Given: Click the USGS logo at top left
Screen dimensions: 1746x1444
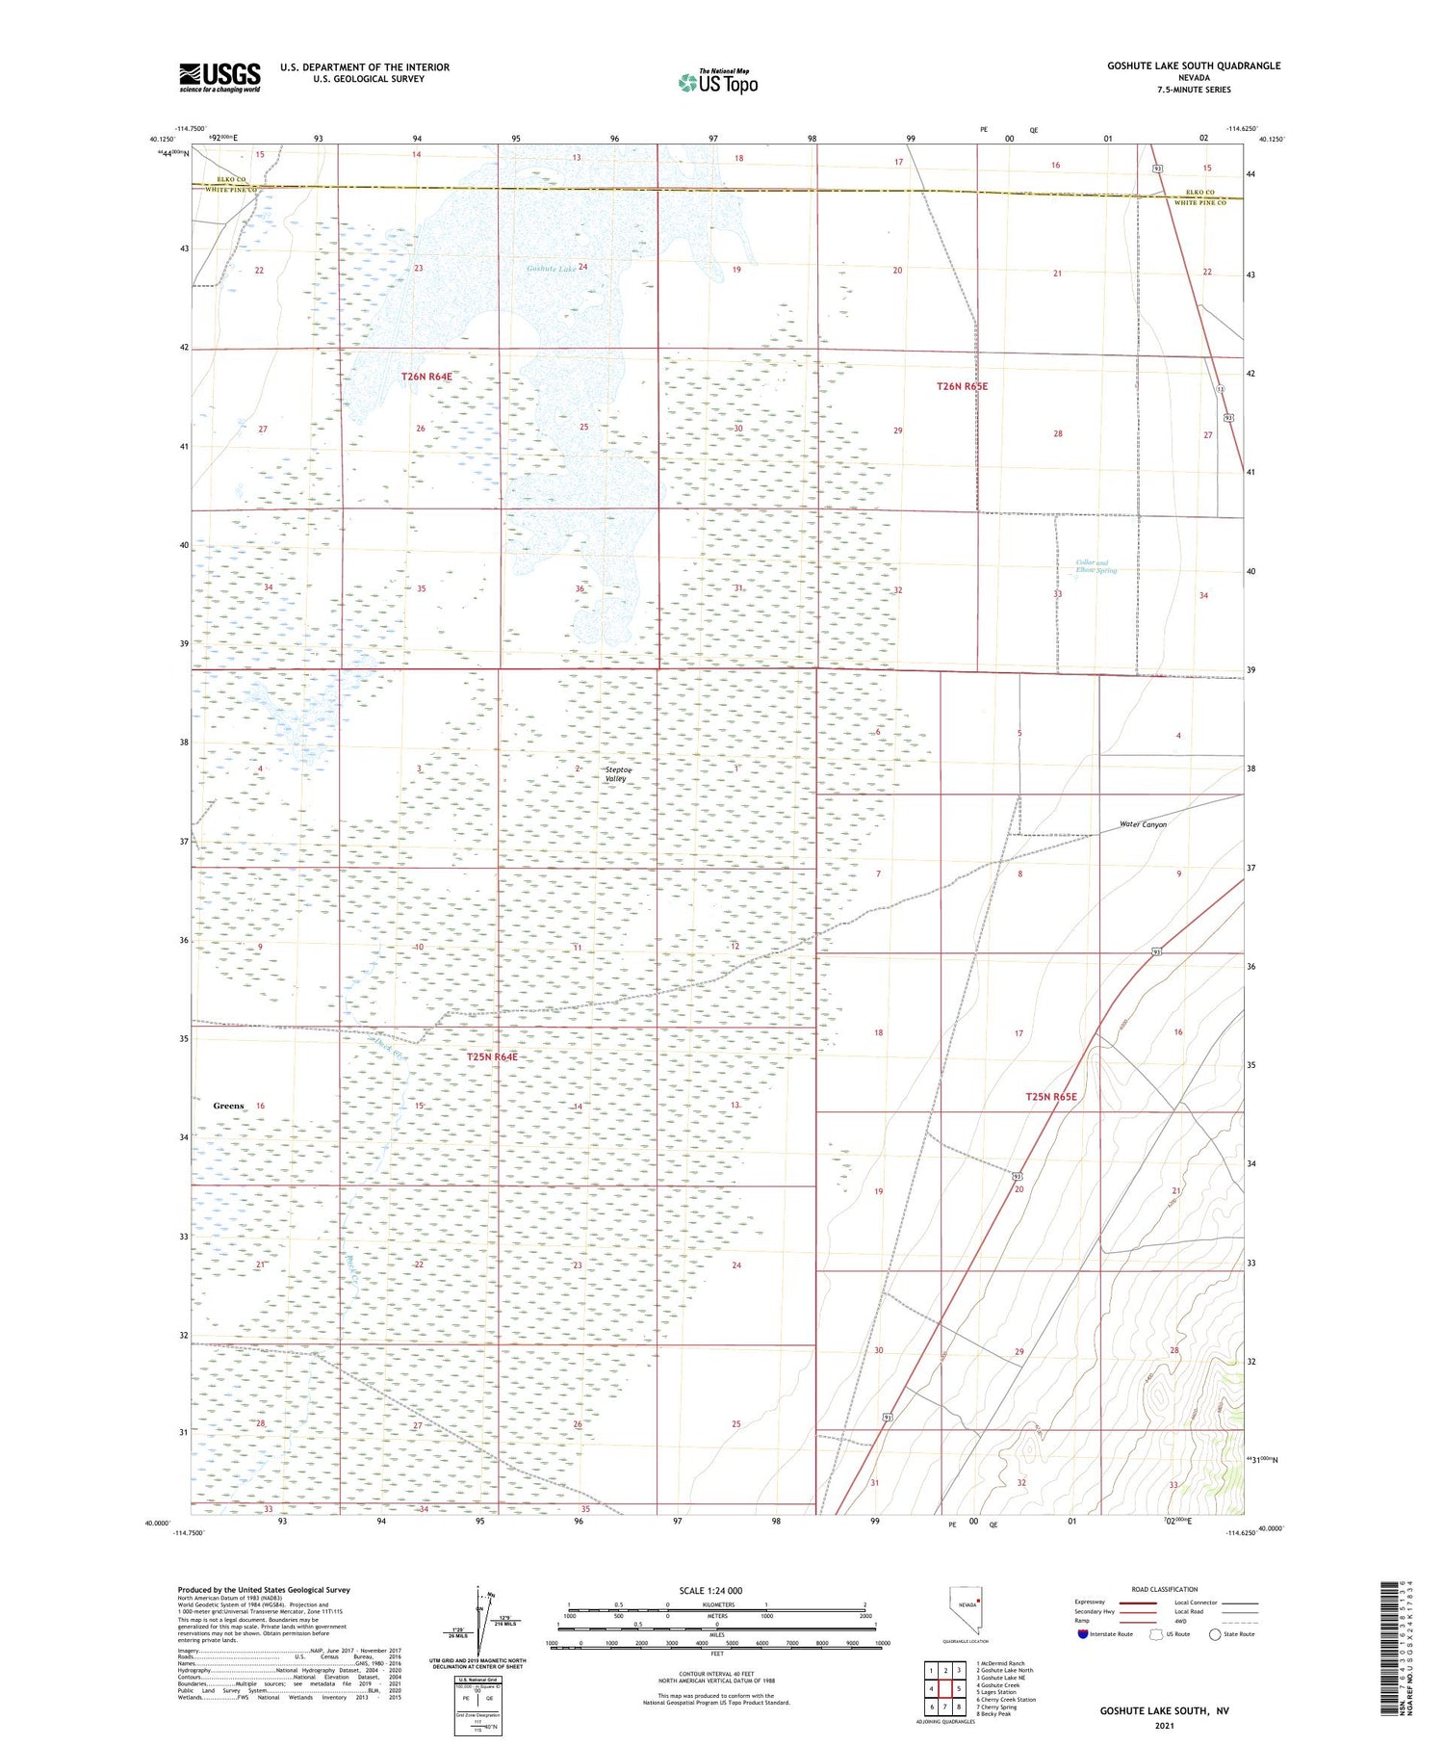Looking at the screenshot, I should [x=219, y=77].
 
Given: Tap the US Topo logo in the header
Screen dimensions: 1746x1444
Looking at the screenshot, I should [x=718, y=82].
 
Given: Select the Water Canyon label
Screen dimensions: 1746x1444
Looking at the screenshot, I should [x=1143, y=824].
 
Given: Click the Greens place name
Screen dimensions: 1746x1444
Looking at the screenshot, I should [x=228, y=1106].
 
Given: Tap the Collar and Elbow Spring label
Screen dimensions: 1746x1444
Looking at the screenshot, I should [x=1096, y=567].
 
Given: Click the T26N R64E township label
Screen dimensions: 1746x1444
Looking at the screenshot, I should [x=426, y=377].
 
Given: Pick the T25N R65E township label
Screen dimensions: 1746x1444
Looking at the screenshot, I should [x=1050, y=1097].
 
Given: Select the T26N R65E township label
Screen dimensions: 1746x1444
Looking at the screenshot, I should [x=962, y=386].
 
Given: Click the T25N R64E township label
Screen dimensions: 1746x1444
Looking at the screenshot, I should [x=491, y=1056].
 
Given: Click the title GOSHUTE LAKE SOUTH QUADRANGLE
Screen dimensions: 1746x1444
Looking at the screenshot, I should [x=1193, y=65].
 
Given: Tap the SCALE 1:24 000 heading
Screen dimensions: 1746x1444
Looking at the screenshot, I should [x=710, y=1591].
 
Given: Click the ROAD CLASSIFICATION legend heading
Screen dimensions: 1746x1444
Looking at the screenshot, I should [x=1165, y=1589].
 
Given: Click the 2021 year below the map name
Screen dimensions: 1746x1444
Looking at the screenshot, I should [x=1164, y=1726].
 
